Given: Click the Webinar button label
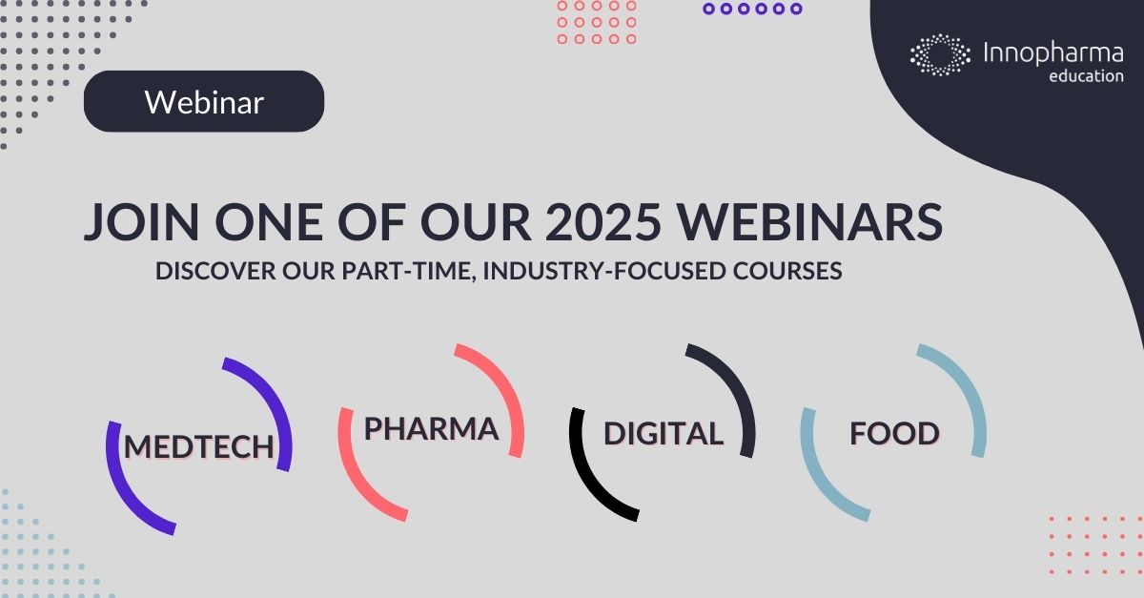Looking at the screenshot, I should [204, 102].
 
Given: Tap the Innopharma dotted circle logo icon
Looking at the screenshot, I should [940, 54].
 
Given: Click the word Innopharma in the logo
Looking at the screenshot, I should [1052, 52].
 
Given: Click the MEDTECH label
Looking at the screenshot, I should [199, 445].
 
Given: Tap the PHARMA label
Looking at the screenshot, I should [431, 428].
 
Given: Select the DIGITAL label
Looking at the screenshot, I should [664, 433].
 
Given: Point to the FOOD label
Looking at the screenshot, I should [894, 433].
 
